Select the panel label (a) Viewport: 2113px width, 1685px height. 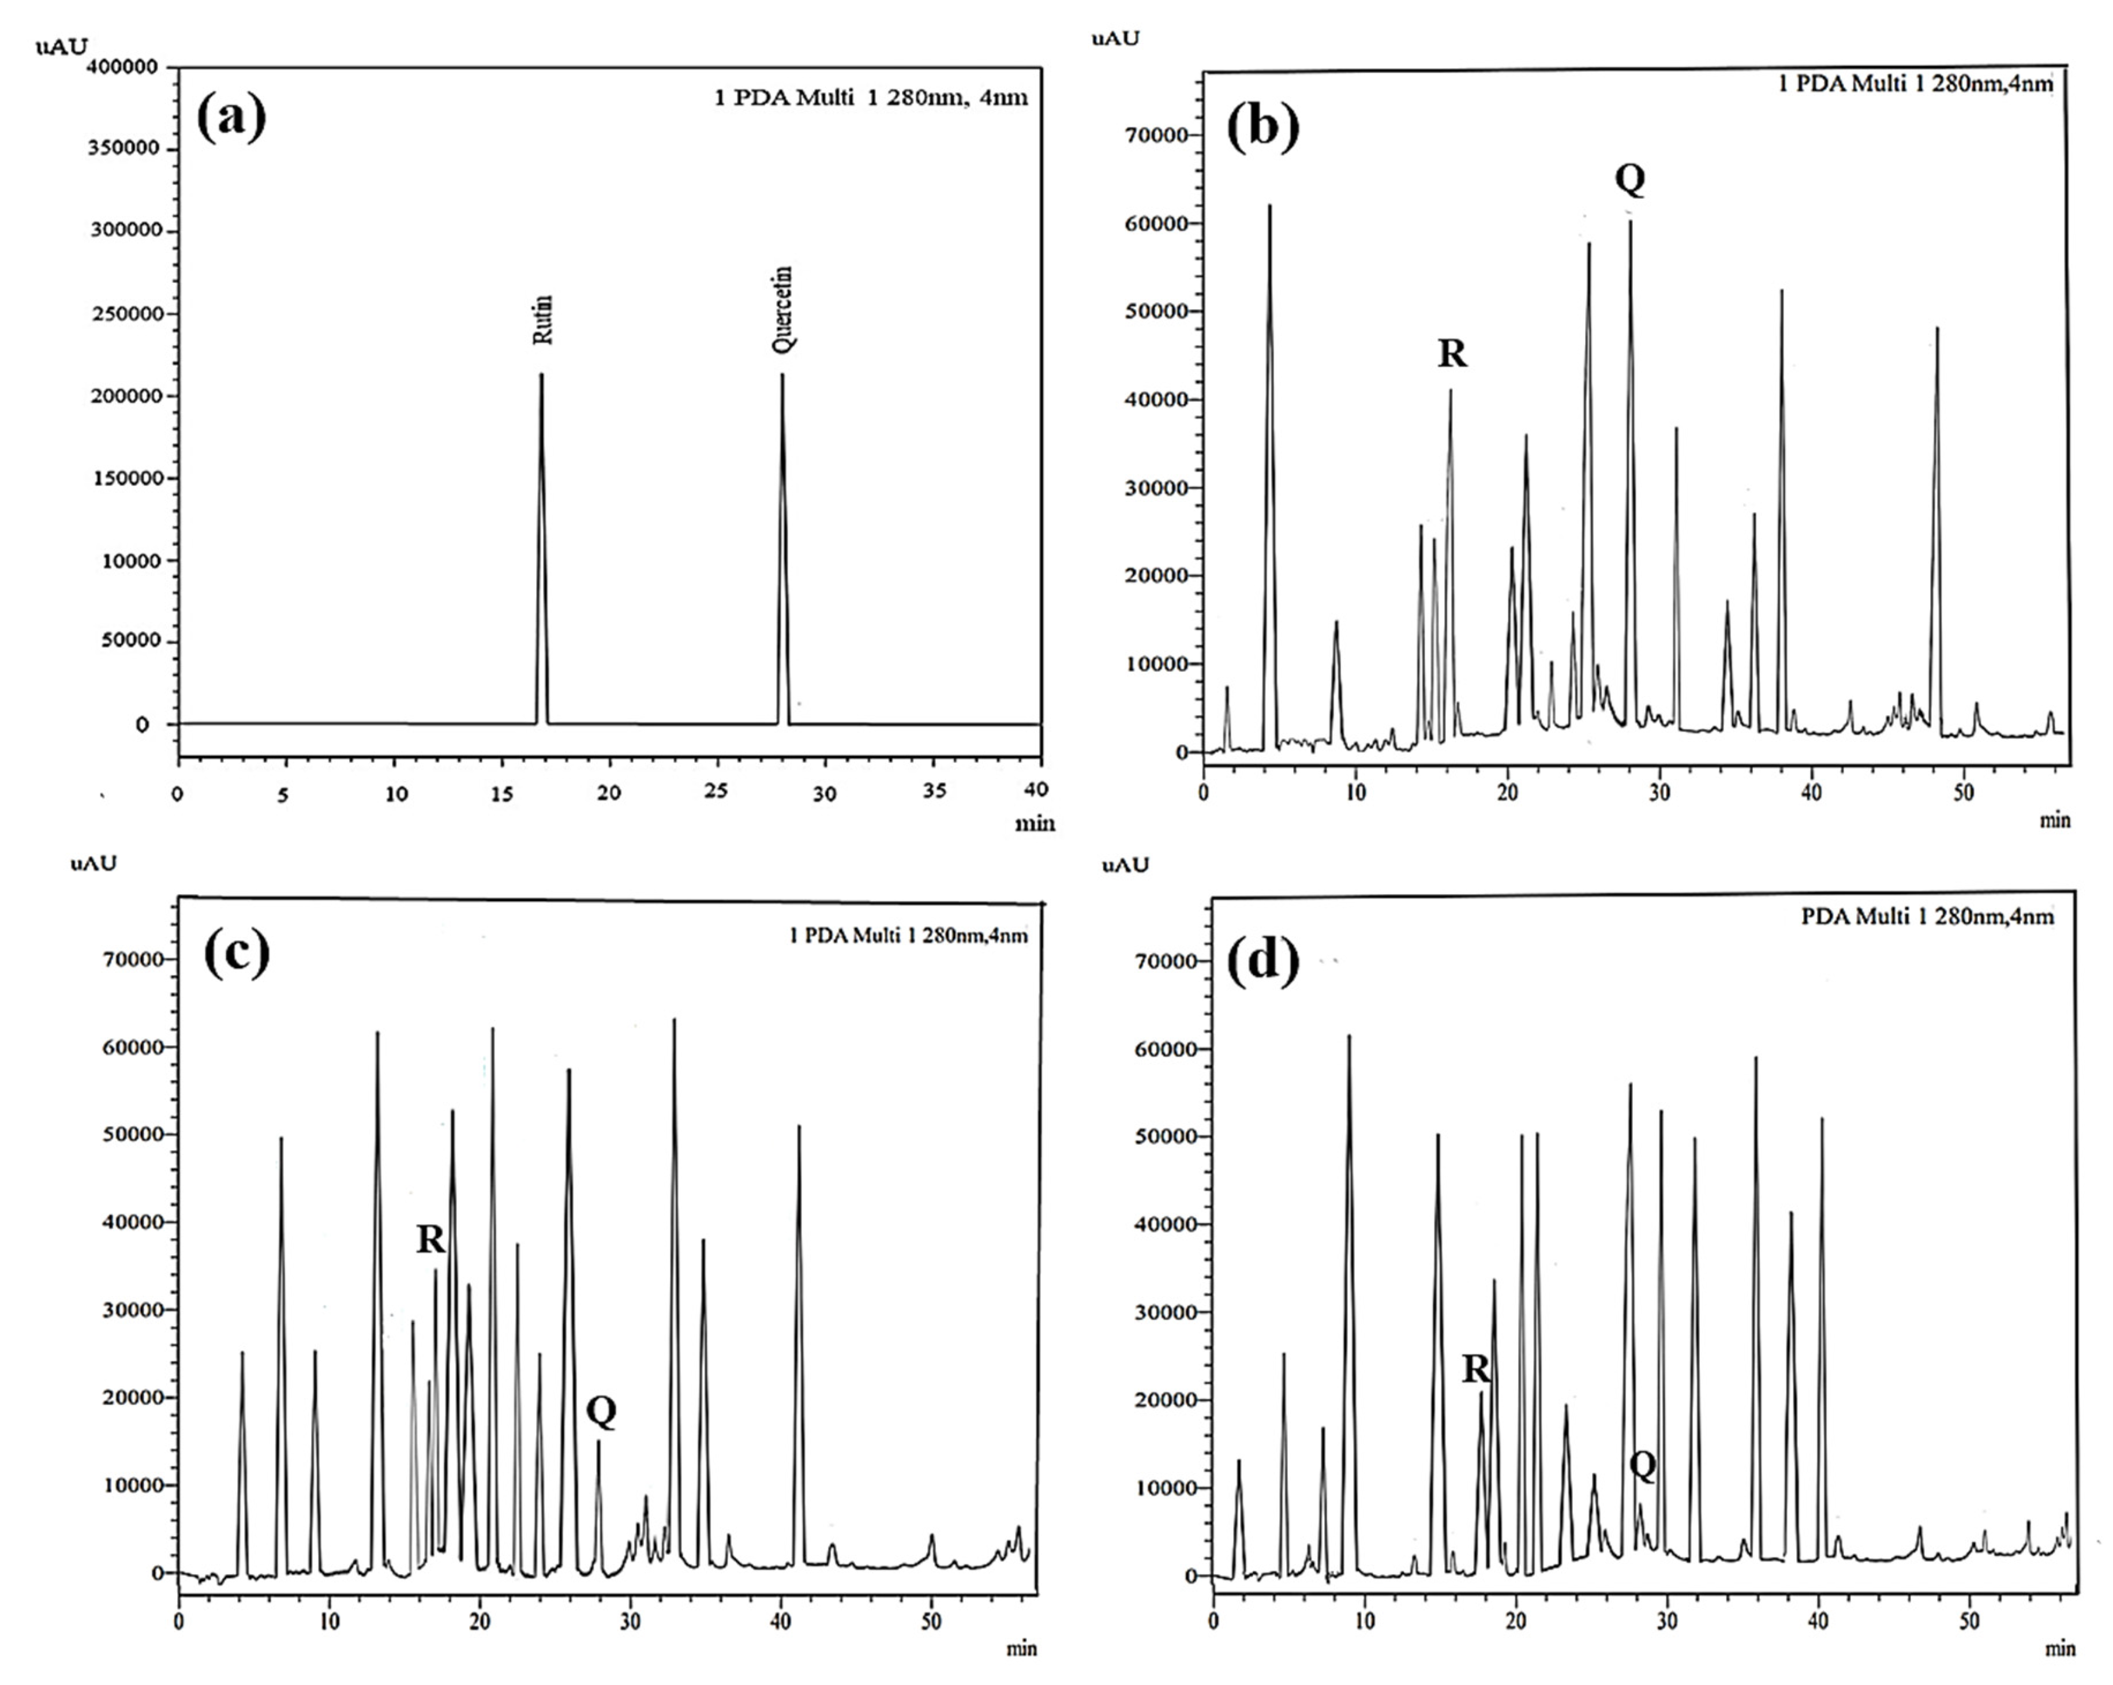tap(231, 118)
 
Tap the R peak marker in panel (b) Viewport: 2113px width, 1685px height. tap(1452, 352)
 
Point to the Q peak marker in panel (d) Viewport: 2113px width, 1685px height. tap(1643, 1466)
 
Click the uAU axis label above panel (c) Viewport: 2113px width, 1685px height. tap(93, 863)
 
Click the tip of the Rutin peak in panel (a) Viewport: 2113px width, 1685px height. tap(541, 374)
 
